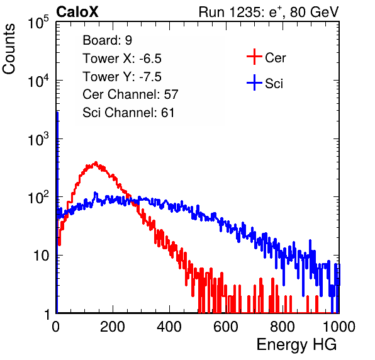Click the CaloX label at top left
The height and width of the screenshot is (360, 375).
(77, 12)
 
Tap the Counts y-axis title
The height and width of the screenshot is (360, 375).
(9, 49)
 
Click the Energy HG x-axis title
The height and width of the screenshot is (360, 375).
(296, 345)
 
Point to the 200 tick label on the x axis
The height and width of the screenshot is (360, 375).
(113, 327)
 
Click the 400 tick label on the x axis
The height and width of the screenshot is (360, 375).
(169, 327)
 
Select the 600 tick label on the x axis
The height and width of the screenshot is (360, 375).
(226, 327)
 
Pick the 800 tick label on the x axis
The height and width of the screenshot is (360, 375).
(283, 327)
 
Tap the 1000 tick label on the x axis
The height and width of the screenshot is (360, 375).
(339, 327)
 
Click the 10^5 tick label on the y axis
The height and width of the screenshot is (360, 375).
(38, 22)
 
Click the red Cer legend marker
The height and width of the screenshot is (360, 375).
(254, 57)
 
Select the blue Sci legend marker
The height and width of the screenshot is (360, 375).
(254, 83)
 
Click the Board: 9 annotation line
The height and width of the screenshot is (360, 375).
(107, 40)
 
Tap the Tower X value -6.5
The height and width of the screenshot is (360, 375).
(150, 59)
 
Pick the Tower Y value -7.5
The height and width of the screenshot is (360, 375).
(150, 77)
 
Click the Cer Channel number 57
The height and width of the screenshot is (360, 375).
(171, 94)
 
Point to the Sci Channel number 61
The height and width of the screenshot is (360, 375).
(167, 113)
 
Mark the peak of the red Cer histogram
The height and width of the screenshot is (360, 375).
(96, 162)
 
